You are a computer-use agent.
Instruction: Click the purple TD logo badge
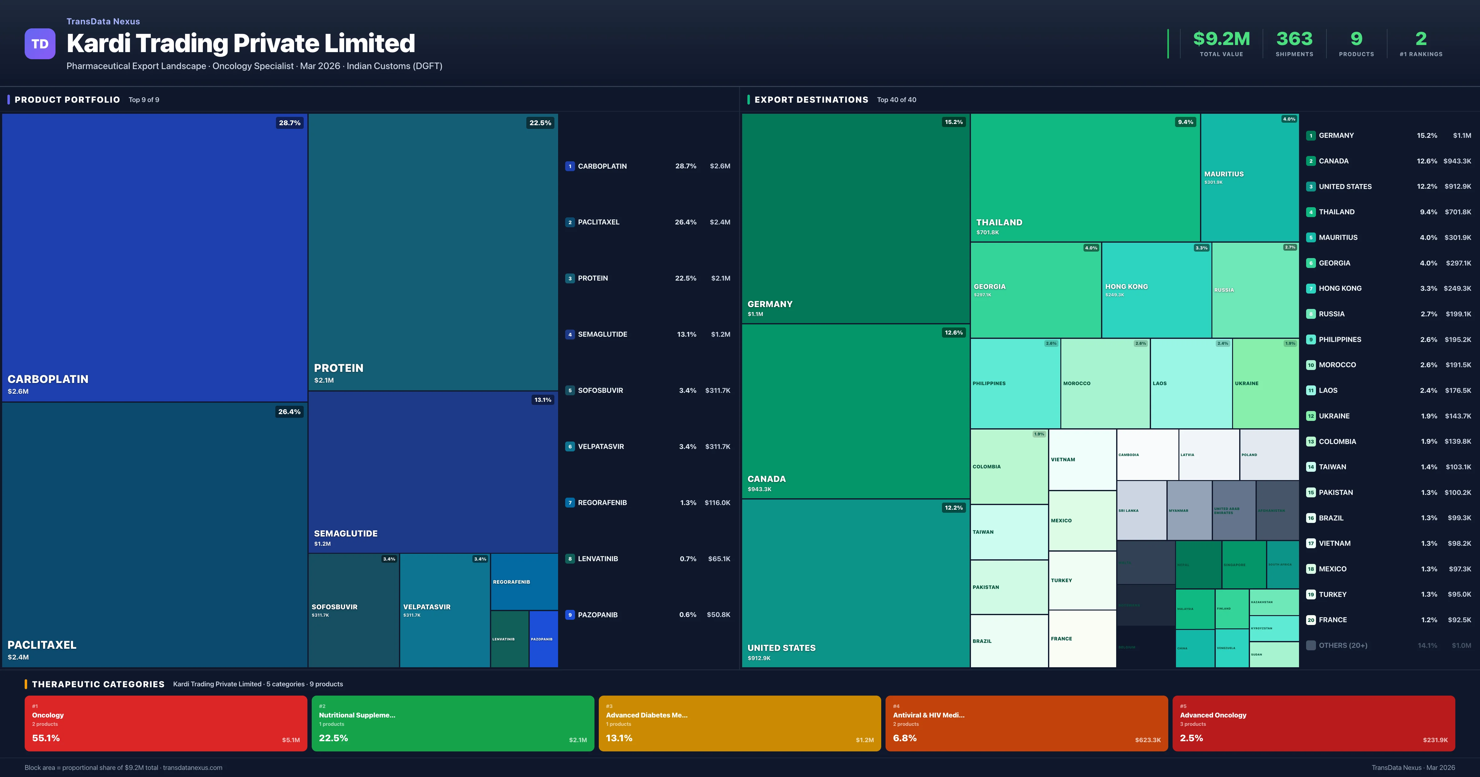point(40,44)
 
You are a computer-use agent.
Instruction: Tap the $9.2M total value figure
point(1221,39)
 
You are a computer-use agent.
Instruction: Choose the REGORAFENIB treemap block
point(524,582)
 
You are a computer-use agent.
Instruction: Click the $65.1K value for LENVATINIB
point(719,559)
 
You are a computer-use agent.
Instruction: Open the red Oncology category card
point(166,723)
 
